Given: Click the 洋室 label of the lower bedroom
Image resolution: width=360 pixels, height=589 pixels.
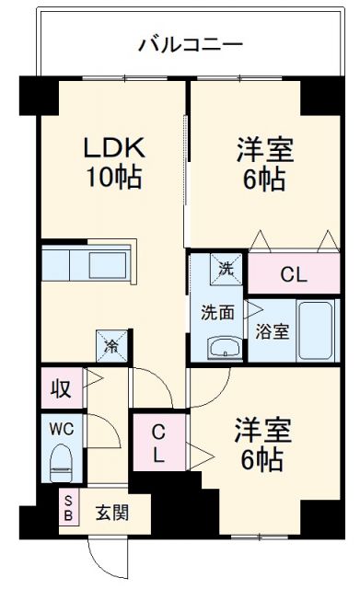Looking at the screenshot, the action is click(x=262, y=430).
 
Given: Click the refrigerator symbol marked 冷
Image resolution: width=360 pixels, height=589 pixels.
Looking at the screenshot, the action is click(x=111, y=346).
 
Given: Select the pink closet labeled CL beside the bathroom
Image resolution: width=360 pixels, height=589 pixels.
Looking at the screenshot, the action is click(x=293, y=273).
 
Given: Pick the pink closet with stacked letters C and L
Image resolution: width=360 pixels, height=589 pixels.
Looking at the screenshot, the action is click(x=158, y=443).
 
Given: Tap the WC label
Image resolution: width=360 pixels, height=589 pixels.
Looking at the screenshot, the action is click(x=61, y=429).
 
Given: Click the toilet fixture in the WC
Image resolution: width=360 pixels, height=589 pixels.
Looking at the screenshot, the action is click(x=61, y=459).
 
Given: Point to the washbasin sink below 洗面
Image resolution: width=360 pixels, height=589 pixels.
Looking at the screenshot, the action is click(x=222, y=347).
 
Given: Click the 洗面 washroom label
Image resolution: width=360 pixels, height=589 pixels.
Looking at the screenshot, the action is click(x=217, y=311).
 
